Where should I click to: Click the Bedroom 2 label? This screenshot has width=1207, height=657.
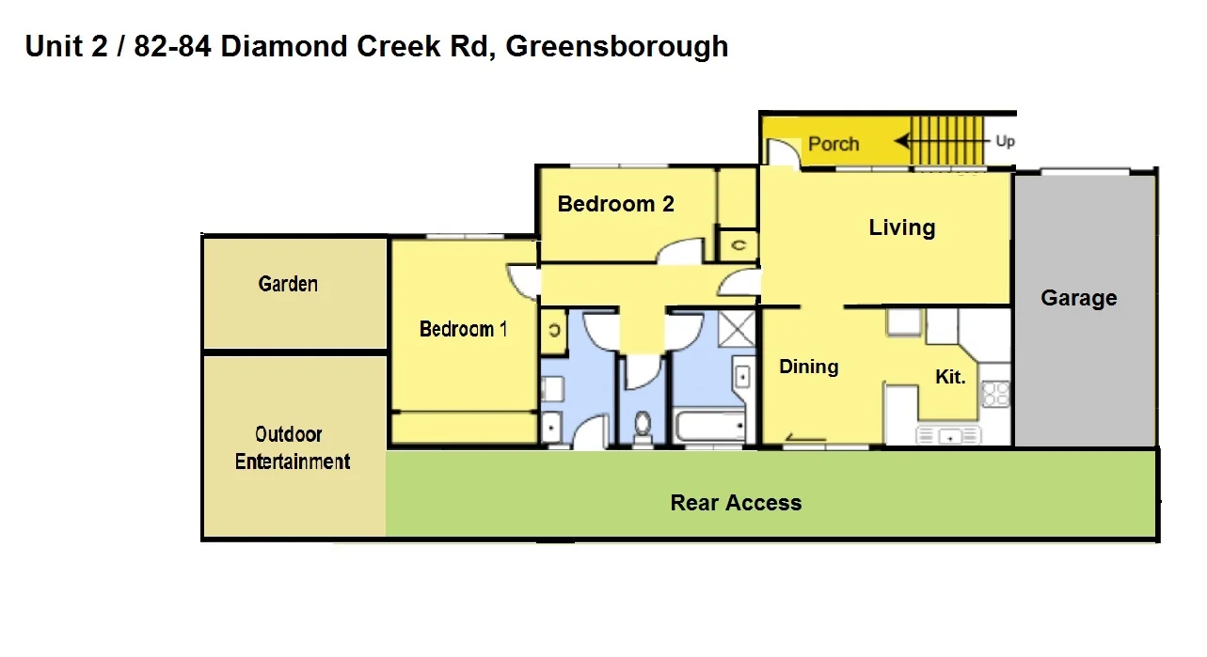(615, 204)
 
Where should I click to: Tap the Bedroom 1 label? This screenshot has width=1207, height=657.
(463, 329)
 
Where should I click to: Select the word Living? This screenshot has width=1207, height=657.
(901, 227)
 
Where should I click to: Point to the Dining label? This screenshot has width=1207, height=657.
(808, 367)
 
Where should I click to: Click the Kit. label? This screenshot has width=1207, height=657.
(950, 377)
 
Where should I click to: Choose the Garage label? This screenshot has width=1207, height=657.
(1078, 298)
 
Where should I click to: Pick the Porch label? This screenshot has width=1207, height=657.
(834, 144)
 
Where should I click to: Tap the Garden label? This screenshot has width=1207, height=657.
(288, 284)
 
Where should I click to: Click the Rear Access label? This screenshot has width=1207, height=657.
(736, 503)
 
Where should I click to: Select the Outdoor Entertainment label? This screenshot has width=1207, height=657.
(292, 448)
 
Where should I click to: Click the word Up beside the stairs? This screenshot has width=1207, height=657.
(1005, 142)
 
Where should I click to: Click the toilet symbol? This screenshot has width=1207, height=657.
(643, 427)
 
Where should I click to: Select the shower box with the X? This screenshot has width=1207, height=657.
(737, 330)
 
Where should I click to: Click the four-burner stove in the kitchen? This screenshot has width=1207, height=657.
(994, 393)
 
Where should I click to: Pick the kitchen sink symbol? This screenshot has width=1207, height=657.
(948, 435)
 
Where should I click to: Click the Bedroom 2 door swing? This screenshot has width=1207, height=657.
(678, 252)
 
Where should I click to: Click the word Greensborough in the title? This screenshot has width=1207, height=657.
(617, 46)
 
